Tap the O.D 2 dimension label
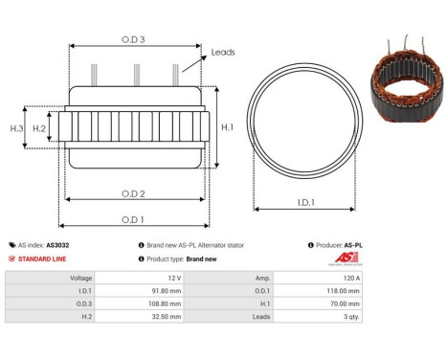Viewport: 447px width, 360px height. [x=134, y=193]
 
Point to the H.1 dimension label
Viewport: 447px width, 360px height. [x=228, y=126]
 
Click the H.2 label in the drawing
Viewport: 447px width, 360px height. [x=39, y=127]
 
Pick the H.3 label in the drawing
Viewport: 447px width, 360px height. [x=16, y=127]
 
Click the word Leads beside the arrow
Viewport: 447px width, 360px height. [x=223, y=53]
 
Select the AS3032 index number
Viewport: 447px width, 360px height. [x=57, y=245]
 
